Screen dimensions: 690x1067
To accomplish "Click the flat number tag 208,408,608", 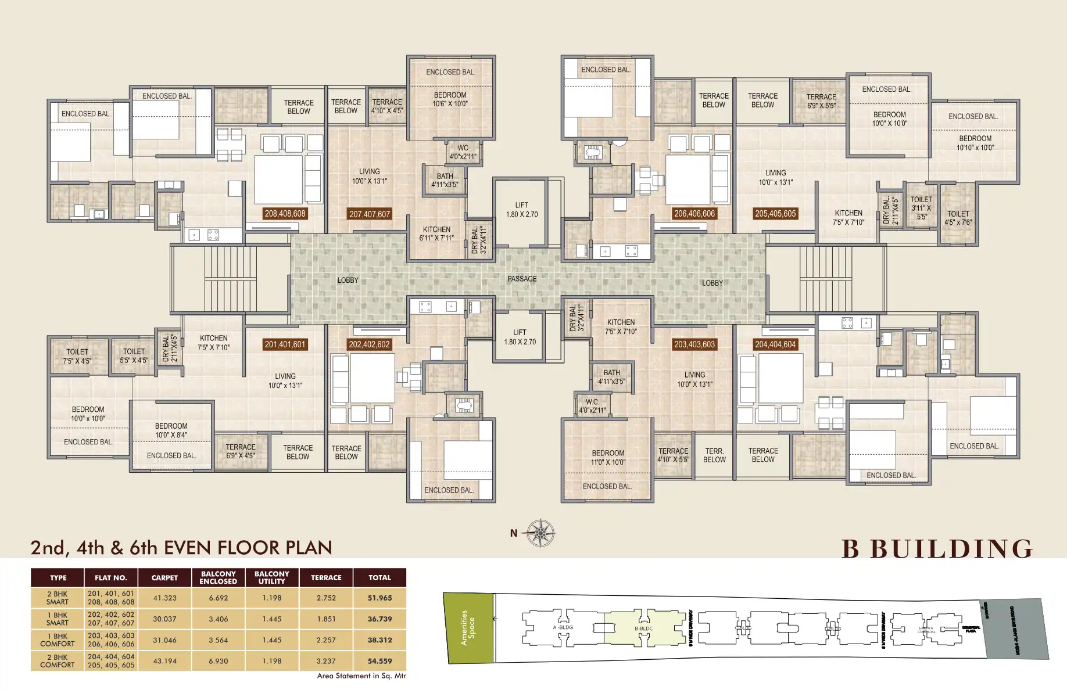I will pyautogui.click(x=285, y=214).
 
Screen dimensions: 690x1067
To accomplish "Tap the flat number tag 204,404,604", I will pyautogui.click(x=775, y=344).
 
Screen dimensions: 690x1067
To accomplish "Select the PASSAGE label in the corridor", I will pyautogui.click(x=522, y=279).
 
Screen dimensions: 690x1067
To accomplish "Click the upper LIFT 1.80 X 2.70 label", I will pyautogui.click(x=522, y=210).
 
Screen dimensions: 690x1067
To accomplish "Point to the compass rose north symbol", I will pyautogui.click(x=540, y=533).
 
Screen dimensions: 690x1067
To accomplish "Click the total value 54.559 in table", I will pyautogui.click(x=379, y=661).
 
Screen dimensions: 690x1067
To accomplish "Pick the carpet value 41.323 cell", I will pyautogui.click(x=164, y=598).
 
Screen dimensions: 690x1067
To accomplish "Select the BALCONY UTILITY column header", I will pyautogui.click(x=271, y=577).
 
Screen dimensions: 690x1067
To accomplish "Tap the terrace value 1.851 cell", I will pyautogui.click(x=326, y=619).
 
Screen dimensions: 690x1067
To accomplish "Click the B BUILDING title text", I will pyautogui.click(x=937, y=549).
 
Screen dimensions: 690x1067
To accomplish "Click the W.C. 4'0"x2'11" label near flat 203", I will pyautogui.click(x=592, y=406).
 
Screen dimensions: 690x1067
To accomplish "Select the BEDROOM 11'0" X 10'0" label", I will pyautogui.click(x=608, y=458).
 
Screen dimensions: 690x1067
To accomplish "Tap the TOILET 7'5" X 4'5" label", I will pyautogui.click(x=77, y=356).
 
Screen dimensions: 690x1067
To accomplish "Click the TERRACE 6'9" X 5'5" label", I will pyautogui.click(x=821, y=101).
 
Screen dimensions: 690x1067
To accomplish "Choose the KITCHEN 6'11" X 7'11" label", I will pyautogui.click(x=436, y=233).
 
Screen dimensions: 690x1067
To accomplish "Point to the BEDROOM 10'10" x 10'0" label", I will pyautogui.click(x=975, y=143).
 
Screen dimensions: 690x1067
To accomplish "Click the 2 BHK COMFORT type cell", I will pyautogui.click(x=58, y=661).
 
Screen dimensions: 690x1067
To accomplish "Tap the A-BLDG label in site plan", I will pyautogui.click(x=563, y=627).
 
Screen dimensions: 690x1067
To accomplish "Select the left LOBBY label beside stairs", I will pyautogui.click(x=348, y=280).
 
